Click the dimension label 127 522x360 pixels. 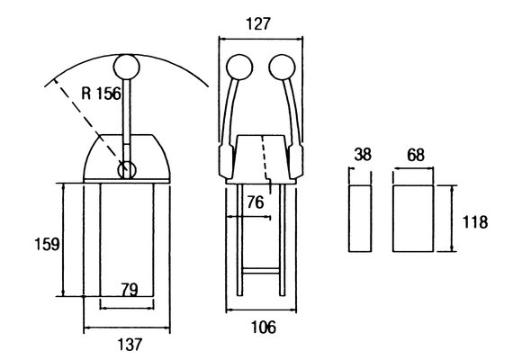click(258, 24)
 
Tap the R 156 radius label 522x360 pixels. click(101, 94)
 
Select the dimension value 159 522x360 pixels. click(47, 244)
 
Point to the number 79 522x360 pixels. click(130, 290)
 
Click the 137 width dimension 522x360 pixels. click(130, 345)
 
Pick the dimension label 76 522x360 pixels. click(256, 202)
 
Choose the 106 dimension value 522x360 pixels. click(264, 327)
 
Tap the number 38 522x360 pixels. click(363, 155)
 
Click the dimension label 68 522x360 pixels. click(416, 155)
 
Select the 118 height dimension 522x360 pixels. click(475, 222)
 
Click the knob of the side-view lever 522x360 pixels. click(127, 67)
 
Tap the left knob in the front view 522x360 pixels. click(239, 67)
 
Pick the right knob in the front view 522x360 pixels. click(282, 67)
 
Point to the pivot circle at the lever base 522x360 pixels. click(127, 170)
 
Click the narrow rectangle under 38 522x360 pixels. click(360, 219)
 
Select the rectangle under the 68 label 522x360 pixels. click(413, 219)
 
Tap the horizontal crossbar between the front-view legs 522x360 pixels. click(261, 271)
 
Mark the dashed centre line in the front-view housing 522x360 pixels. click(266, 164)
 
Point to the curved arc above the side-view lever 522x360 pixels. click(127, 55)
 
